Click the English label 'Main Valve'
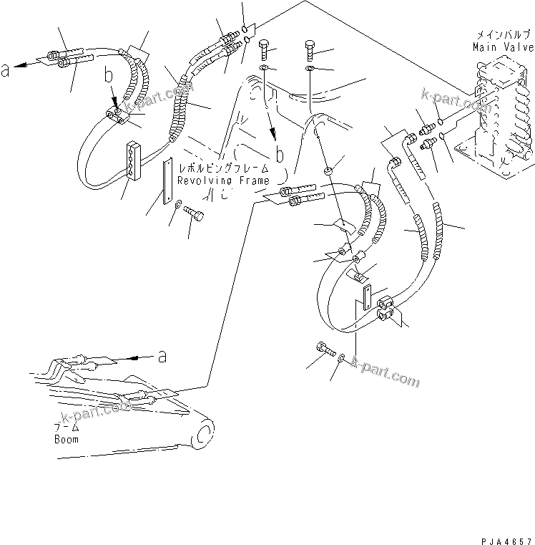(502, 47)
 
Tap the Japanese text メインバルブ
(502, 34)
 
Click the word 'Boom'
(67, 439)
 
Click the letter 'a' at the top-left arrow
(6, 69)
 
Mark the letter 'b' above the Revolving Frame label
(279, 155)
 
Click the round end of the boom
(204, 434)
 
